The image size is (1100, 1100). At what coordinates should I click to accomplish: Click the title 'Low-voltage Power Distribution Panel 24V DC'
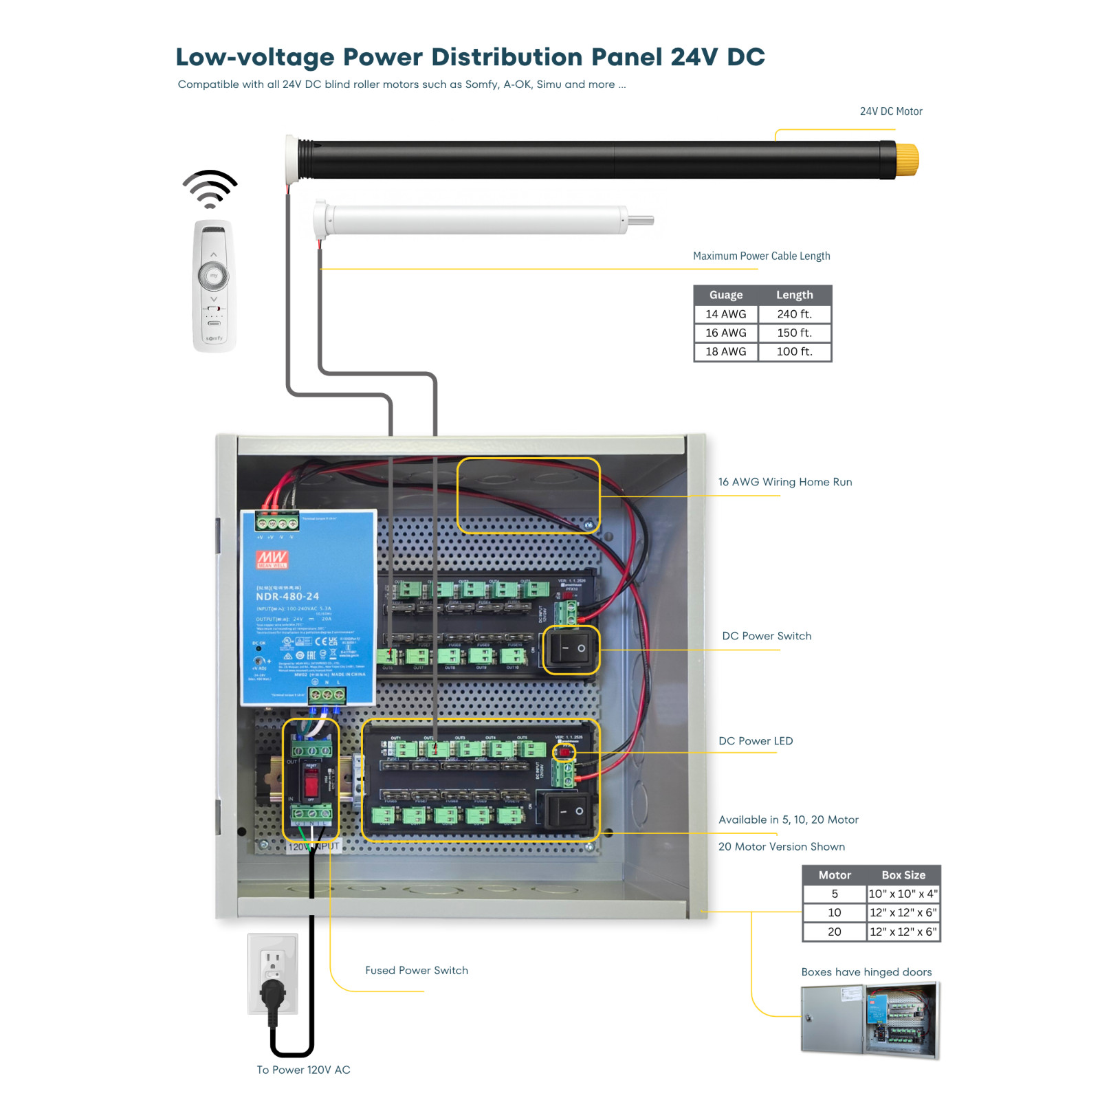[x=470, y=57]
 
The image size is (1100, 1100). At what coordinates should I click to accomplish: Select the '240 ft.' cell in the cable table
[x=794, y=314]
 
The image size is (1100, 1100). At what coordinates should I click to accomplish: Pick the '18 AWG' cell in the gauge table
[x=725, y=351]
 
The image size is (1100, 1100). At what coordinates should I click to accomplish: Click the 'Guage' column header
[x=725, y=295]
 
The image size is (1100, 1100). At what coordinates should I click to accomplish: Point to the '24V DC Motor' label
[x=890, y=111]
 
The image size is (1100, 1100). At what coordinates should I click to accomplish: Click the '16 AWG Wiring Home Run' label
[x=784, y=482]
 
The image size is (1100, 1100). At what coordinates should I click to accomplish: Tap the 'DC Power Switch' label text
[x=766, y=636]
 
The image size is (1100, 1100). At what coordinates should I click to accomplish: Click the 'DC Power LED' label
[x=755, y=740]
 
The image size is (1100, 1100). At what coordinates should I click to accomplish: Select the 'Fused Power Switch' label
[x=416, y=970]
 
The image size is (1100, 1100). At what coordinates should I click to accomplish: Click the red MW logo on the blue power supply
[x=272, y=558]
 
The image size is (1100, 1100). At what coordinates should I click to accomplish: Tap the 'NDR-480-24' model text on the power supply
[x=287, y=596]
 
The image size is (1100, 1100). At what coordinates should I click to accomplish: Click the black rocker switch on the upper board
[x=571, y=649]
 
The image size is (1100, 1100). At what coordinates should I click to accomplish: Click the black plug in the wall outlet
[x=273, y=994]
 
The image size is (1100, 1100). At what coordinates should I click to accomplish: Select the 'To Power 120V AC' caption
[x=303, y=1070]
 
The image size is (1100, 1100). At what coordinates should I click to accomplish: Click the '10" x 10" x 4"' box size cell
[x=903, y=894]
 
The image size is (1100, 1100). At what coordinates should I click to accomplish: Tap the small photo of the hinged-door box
[x=870, y=1020]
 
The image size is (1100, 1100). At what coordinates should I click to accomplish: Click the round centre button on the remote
[x=214, y=276]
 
